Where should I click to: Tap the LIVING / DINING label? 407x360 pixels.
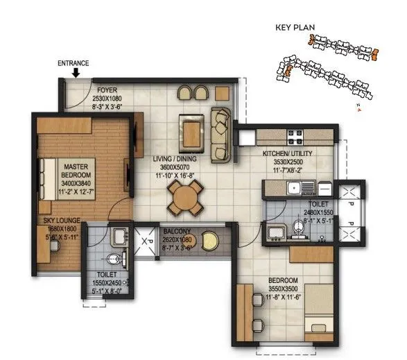173,159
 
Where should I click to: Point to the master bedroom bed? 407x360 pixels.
49,171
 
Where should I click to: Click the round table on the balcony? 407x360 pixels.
210,241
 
